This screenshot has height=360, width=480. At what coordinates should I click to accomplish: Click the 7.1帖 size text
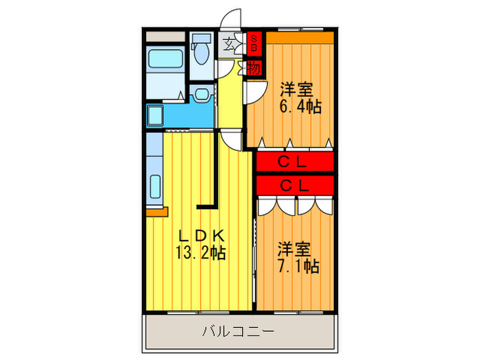298,265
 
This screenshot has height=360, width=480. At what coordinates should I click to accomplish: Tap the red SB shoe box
254,45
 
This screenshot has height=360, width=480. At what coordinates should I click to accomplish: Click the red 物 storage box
253,68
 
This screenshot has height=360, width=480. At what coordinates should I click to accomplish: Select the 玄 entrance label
228,46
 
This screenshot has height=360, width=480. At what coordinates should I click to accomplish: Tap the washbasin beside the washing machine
202,94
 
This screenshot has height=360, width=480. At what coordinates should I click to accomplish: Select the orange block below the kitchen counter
156,212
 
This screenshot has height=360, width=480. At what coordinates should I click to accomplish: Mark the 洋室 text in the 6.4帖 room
297,90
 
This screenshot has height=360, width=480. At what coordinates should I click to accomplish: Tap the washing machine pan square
154,114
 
